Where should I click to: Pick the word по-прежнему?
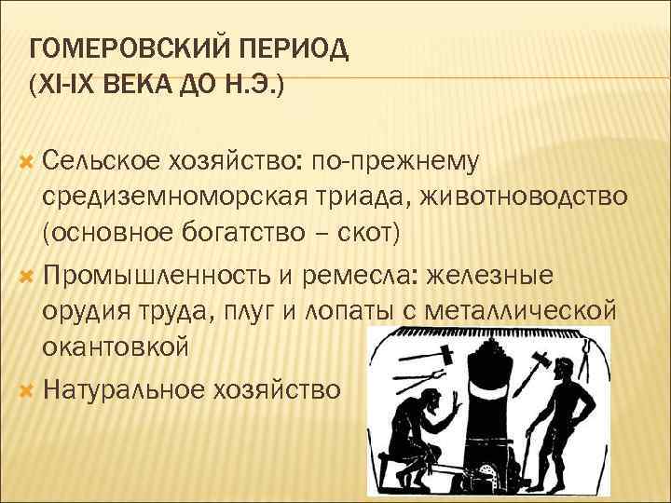(396, 162)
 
